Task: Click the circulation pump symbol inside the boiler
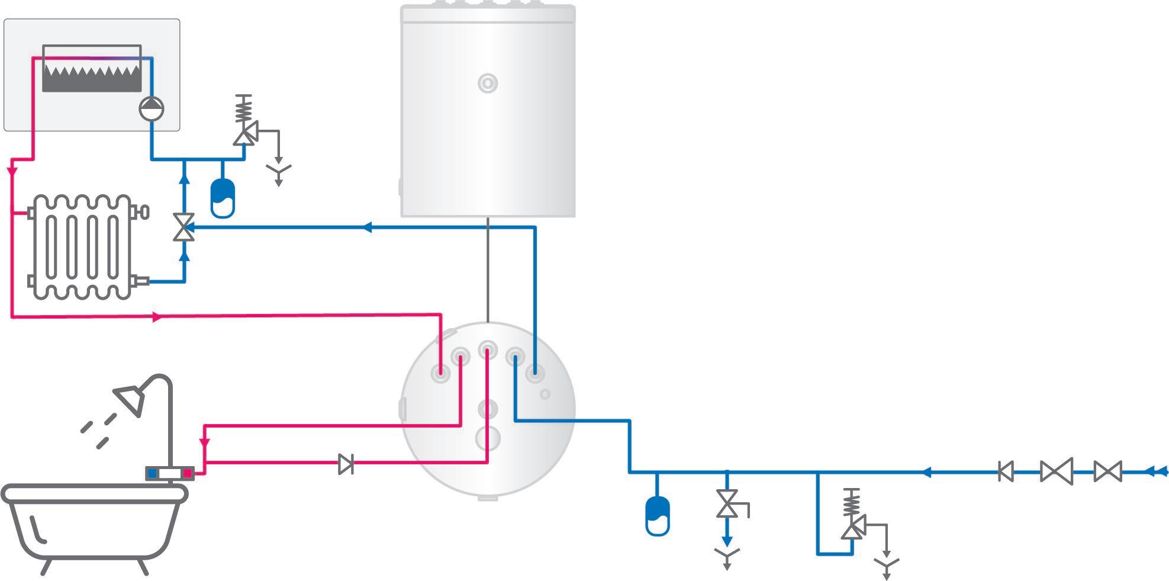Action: [151, 108]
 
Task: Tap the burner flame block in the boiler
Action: [92, 78]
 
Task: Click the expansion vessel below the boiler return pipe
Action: [223, 197]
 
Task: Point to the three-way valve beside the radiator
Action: [184, 227]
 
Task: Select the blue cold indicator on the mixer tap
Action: [153, 473]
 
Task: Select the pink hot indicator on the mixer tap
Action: [187, 473]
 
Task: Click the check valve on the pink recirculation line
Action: [346, 464]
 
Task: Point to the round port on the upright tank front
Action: [487, 84]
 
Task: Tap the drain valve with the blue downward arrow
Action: [727, 503]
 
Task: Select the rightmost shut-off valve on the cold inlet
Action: [1107, 471]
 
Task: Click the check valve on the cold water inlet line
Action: [1006, 471]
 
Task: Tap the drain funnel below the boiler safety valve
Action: [278, 173]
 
